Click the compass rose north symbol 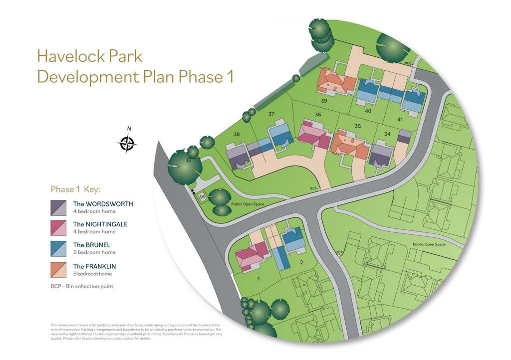(127, 144)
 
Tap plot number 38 (237, 134)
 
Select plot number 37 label (271, 114)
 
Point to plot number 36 (318, 115)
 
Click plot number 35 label (357, 126)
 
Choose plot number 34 (387, 134)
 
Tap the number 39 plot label (324, 101)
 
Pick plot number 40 (368, 111)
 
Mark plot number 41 (400, 119)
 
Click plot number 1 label (258, 278)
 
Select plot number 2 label (301, 262)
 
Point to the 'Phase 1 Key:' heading (75, 189)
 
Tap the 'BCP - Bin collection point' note (82, 286)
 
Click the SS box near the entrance (202, 197)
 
